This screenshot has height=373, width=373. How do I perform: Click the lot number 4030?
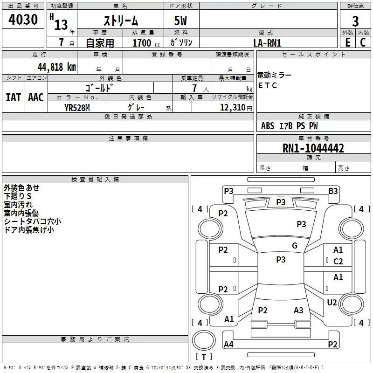pyautogui.click(x=23, y=19)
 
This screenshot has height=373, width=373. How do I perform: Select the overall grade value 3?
pyautogui.click(x=355, y=21)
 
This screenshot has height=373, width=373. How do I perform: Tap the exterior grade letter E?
pyautogui.click(x=347, y=42)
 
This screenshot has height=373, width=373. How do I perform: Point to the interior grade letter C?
pyautogui.click(x=363, y=42)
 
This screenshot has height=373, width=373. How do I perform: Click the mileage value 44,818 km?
pyautogui.click(x=57, y=67)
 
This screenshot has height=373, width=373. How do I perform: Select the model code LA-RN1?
pyautogui.click(x=267, y=43)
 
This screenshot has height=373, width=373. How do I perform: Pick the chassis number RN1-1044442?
pyautogui.click(x=313, y=148)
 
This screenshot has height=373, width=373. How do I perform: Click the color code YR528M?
pyautogui.click(x=77, y=108)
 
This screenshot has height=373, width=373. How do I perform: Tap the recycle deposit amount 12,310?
pyautogui.click(x=233, y=107)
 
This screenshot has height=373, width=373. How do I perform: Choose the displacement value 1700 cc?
pyautogui.click(x=146, y=43)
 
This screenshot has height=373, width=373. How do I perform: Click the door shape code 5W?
pyautogui.click(x=180, y=21)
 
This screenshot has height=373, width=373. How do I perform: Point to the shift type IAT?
pyautogui.click(x=14, y=97)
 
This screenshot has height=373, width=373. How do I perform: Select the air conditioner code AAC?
pyautogui.click(x=36, y=97)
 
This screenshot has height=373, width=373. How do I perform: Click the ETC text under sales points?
pyautogui.click(x=267, y=85)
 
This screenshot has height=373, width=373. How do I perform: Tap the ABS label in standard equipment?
pyautogui.click(x=268, y=126)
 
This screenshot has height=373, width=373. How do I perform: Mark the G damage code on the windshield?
pyautogui.click(x=295, y=245)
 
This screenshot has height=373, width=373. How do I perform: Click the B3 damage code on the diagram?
pyautogui.click(x=333, y=191)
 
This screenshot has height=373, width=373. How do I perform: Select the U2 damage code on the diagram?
pyautogui.click(x=332, y=302)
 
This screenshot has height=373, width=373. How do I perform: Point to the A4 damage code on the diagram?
pyautogui.click(x=228, y=344)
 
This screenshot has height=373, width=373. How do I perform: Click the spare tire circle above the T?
pyautogui.click(x=204, y=340)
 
